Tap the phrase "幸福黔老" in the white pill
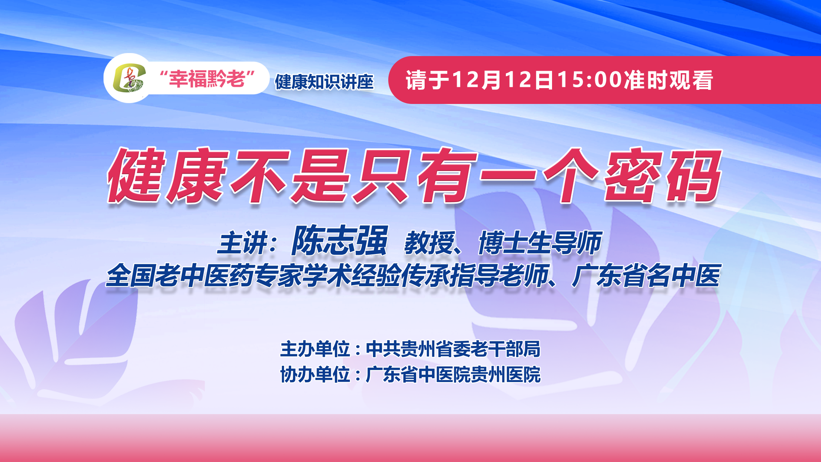(x=207, y=79)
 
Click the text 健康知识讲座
(x=324, y=82)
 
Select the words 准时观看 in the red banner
(x=668, y=80)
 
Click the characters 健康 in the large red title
(x=167, y=175)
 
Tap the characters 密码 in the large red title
(x=663, y=175)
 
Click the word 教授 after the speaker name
(x=429, y=243)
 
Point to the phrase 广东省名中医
(x=647, y=275)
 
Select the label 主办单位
(x=315, y=349)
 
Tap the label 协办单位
(x=315, y=375)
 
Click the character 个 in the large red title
(x=571, y=175)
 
